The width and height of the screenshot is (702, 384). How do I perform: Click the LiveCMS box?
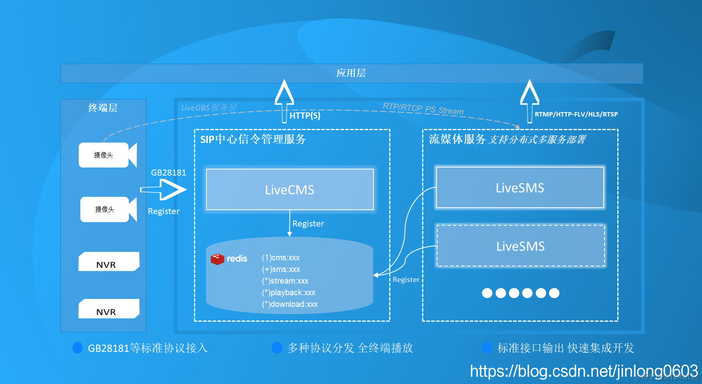[x=290, y=190]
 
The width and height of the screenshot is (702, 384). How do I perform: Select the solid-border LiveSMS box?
[x=520, y=188]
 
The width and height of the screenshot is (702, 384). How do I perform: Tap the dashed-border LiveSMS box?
[x=520, y=246]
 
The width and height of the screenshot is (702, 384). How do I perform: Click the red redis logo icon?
[x=217, y=259]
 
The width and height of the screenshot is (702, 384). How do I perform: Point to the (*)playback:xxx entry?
[x=288, y=292]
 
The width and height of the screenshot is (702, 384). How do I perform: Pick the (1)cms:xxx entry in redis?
[x=281, y=257]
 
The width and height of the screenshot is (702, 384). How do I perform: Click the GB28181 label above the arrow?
[x=169, y=173]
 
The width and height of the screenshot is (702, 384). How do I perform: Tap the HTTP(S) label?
[x=305, y=116]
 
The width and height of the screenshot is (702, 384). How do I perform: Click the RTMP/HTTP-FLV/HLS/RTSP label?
[x=576, y=114]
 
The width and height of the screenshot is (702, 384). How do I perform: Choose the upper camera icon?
[x=108, y=155]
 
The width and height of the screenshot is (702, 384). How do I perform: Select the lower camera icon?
[x=108, y=209]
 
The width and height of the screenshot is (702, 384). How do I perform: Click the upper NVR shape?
[x=108, y=262]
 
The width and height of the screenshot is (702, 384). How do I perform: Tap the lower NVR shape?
[x=108, y=309]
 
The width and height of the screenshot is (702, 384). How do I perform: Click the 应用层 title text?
[x=351, y=73]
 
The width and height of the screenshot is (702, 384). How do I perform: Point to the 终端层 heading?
[x=103, y=108]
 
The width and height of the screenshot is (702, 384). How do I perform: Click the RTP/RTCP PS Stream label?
[x=423, y=108]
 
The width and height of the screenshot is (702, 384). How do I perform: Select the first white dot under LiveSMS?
[x=487, y=293]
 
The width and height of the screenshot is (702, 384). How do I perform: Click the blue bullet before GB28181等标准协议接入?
[x=78, y=348]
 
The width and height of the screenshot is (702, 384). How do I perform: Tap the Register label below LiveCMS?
[x=308, y=224]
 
